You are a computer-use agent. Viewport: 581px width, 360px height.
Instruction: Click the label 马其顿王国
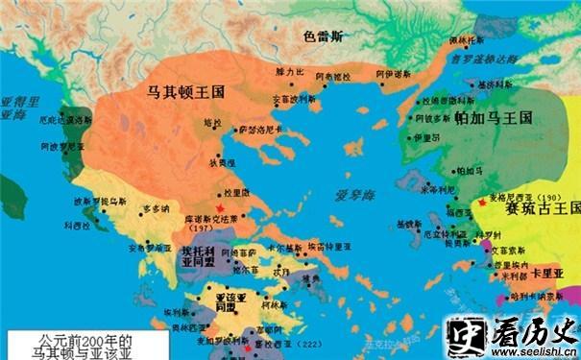click(x=183, y=93)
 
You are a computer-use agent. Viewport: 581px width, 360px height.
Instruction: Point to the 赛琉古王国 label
click(x=538, y=207)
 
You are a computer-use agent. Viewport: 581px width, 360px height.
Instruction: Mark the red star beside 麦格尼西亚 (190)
click(x=481, y=204)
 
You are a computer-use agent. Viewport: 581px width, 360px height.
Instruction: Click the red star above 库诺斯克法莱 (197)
click(x=220, y=209)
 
